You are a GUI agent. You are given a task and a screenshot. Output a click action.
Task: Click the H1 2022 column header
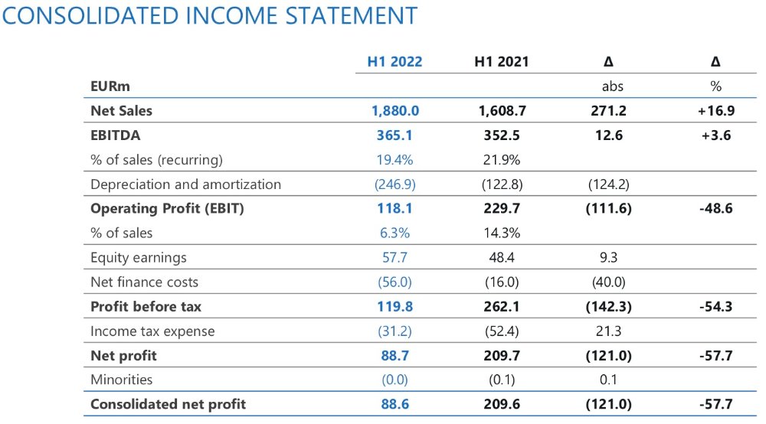(x=395, y=61)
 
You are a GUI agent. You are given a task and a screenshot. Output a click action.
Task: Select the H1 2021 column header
(x=502, y=61)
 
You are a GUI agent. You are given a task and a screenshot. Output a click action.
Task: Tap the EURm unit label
(x=110, y=86)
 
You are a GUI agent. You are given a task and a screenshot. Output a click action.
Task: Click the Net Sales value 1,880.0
(x=395, y=110)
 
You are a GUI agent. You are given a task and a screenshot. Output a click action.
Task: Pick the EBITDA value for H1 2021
(x=502, y=135)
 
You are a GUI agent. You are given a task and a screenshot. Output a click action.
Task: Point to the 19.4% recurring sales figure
(x=395, y=160)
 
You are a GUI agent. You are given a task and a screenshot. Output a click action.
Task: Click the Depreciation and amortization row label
(x=185, y=184)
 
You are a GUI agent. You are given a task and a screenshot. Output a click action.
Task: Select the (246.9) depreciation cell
(x=395, y=184)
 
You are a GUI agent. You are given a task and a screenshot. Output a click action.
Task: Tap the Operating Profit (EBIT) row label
(x=167, y=208)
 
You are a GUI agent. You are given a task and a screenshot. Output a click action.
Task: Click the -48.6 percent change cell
(x=716, y=208)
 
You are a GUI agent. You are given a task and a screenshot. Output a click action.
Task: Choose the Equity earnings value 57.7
(x=395, y=257)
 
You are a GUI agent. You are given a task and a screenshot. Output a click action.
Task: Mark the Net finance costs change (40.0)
(x=609, y=282)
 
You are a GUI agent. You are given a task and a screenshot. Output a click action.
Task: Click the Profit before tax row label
(x=146, y=306)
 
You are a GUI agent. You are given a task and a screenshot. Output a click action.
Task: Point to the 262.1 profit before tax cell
(x=502, y=306)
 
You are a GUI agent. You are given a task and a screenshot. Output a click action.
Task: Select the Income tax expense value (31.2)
(x=395, y=331)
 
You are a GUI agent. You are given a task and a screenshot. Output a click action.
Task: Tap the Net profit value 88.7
(x=395, y=355)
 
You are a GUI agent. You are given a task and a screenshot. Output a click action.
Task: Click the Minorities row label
(x=121, y=380)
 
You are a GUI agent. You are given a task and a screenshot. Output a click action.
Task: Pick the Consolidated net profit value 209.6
(x=502, y=404)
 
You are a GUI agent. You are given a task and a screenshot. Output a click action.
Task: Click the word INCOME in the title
(x=237, y=15)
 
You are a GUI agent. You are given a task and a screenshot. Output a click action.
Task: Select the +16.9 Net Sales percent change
(x=716, y=110)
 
